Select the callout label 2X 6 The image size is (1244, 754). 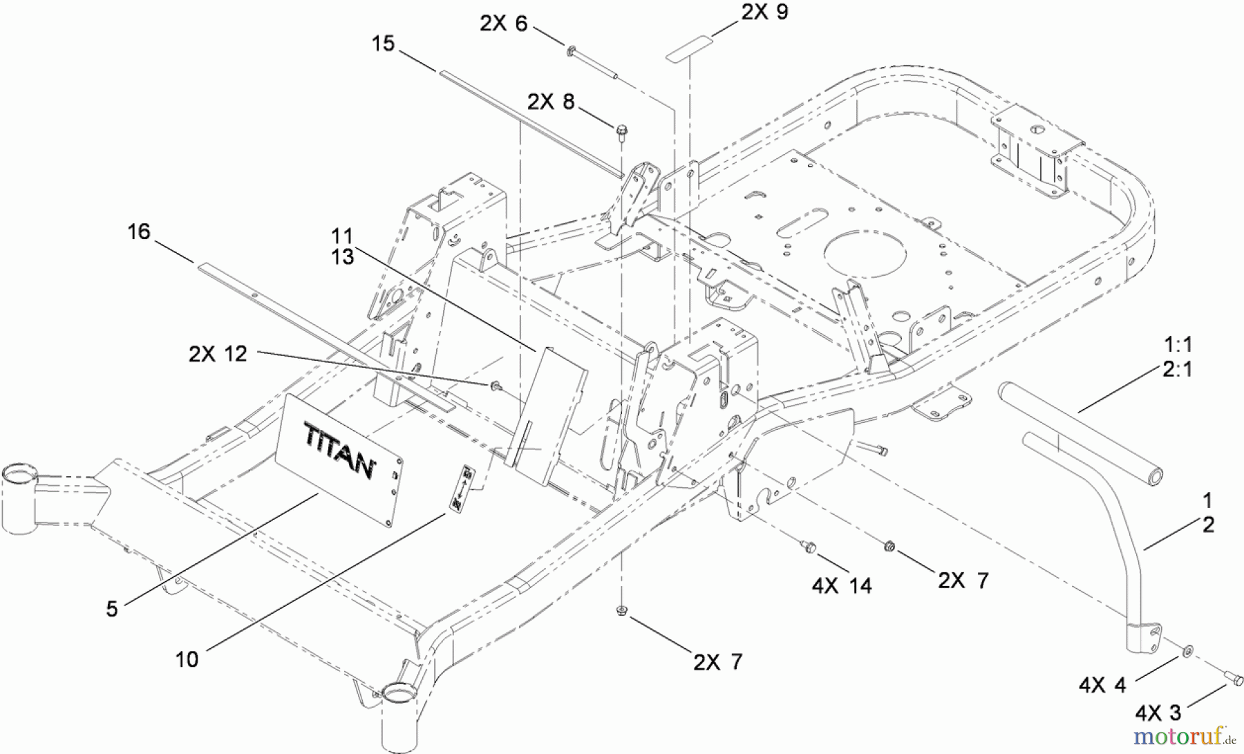point(504,23)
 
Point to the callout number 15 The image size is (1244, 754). point(383,44)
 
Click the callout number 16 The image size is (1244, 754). point(139,231)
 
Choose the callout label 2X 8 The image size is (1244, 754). point(551,102)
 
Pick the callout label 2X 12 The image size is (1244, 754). point(218,354)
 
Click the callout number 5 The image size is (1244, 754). point(112,608)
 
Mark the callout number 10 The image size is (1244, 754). point(187,659)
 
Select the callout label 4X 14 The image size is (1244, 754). point(842,586)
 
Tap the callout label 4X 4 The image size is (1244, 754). point(1102,685)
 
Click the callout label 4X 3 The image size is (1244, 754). point(1159,712)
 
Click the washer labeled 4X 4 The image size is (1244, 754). point(1187,650)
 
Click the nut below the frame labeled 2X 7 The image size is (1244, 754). point(621,610)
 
